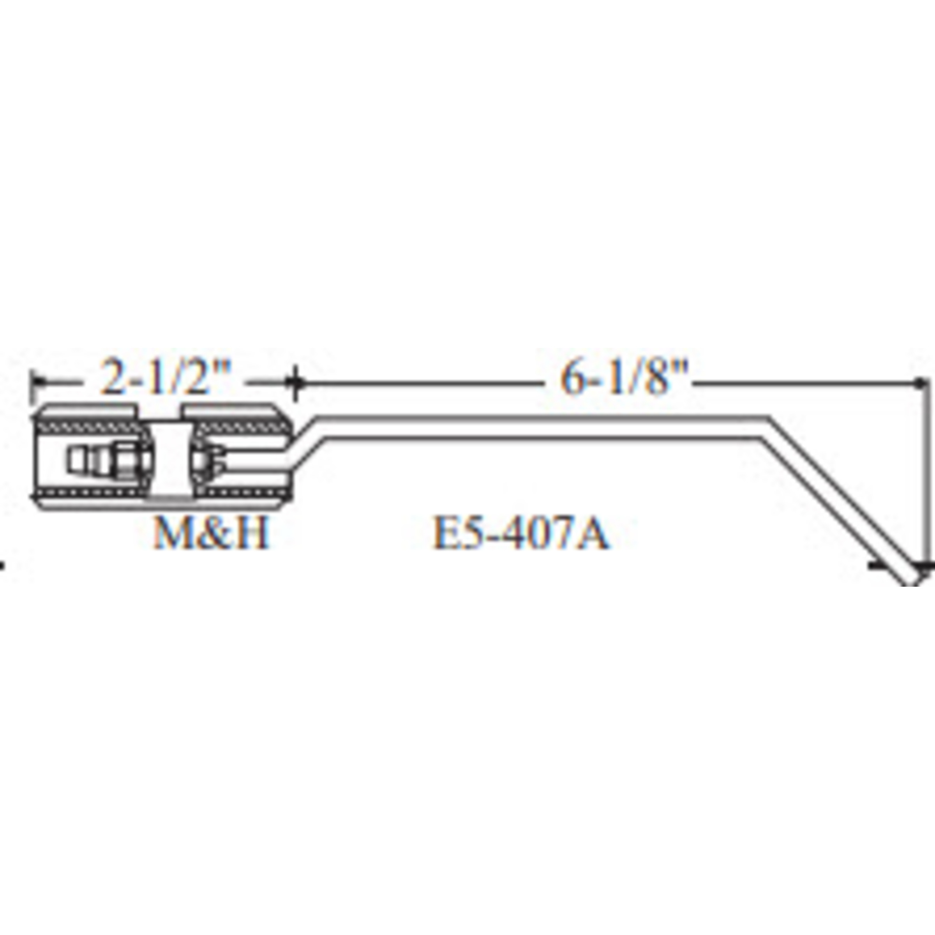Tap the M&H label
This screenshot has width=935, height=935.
click(210, 534)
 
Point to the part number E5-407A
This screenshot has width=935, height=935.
click(520, 534)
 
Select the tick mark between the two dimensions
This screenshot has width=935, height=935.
click(294, 384)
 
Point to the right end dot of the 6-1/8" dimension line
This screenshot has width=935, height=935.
click(919, 384)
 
